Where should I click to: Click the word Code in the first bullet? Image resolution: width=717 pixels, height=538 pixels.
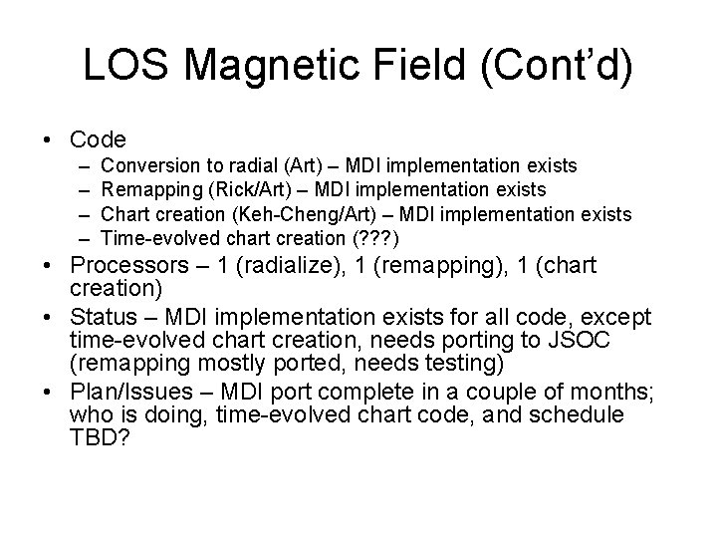pyautogui.click(x=99, y=139)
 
